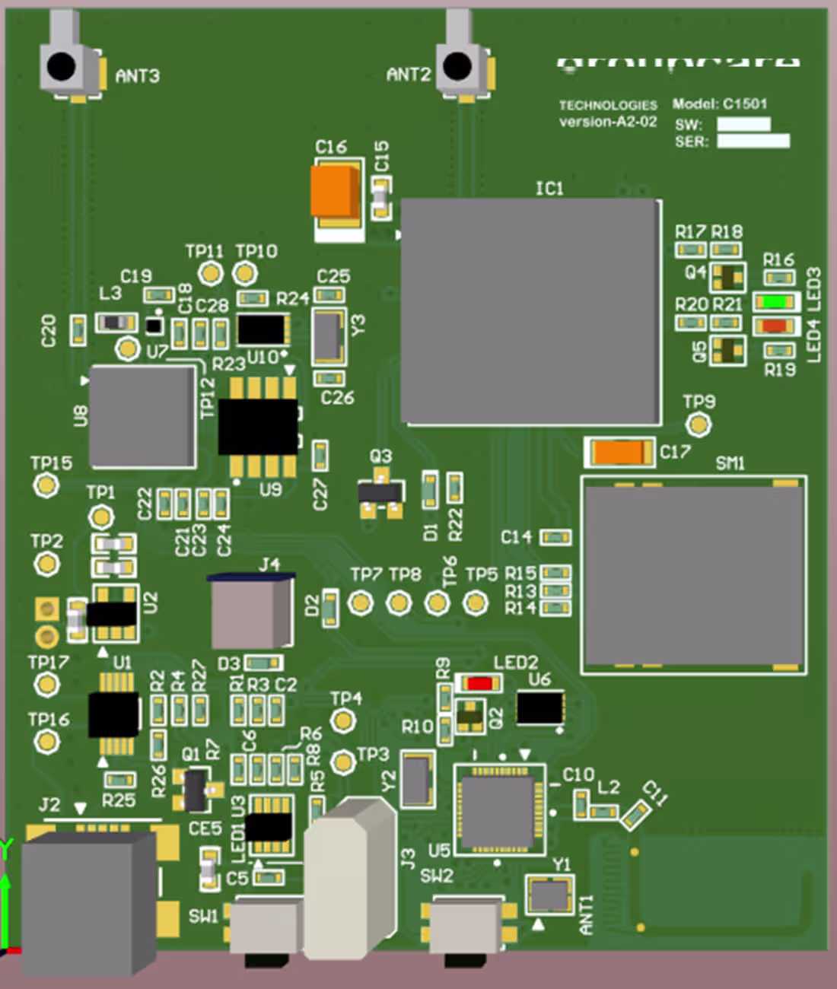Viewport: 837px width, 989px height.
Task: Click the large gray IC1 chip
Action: click(530, 312)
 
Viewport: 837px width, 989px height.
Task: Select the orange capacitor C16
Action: click(336, 191)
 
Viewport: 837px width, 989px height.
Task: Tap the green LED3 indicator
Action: click(775, 301)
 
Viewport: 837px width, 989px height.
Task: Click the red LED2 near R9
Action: click(479, 683)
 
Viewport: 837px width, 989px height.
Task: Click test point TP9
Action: click(698, 424)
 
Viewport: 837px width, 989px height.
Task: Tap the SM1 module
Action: click(694, 575)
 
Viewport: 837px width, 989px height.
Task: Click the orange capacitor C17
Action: click(619, 452)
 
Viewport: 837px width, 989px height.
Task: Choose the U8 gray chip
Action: click(142, 416)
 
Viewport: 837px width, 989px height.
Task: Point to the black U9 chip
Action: click(257, 427)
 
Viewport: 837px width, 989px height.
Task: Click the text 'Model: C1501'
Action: click(720, 104)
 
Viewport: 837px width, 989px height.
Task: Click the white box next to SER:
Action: click(753, 141)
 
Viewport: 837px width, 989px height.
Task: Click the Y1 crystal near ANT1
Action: click(549, 895)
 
